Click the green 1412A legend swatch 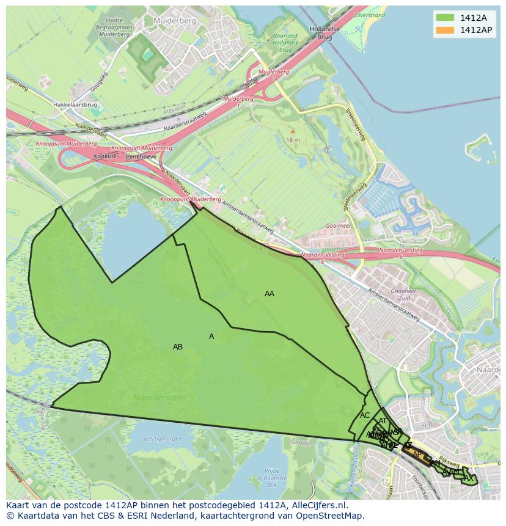(445, 18)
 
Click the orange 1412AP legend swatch (445, 30)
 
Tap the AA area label (269, 294)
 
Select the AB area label (178, 347)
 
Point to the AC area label (365, 415)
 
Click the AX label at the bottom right (469, 478)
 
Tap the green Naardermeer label (159, 398)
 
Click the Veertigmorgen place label (162, 439)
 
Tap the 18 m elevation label (293, 140)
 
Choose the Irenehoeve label (141, 156)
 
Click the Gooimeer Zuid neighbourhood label (403, 295)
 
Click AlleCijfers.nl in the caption (317, 506)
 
